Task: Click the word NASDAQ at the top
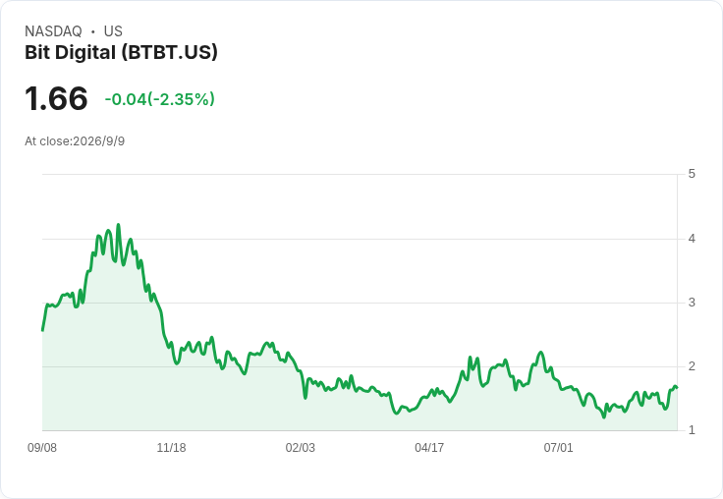(x=53, y=31)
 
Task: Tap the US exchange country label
(x=113, y=31)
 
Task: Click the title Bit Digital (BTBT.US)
(x=121, y=53)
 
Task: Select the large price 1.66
(x=56, y=98)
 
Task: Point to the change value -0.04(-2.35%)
(x=159, y=99)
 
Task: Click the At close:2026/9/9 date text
(x=75, y=141)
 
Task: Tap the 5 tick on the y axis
(x=692, y=174)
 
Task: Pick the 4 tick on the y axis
(x=692, y=239)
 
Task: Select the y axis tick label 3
(x=692, y=303)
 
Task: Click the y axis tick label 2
(x=692, y=366)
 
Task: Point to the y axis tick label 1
(x=692, y=430)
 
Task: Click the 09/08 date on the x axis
(x=42, y=448)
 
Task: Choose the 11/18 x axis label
(x=171, y=448)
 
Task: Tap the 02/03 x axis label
(x=301, y=448)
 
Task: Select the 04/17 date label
(x=429, y=448)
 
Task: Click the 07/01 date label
(x=558, y=448)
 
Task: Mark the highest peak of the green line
(x=119, y=225)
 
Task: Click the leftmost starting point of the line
(x=42, y=331)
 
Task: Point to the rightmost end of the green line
(x=677, y=387)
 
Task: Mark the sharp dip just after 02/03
(x=306, y=398)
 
